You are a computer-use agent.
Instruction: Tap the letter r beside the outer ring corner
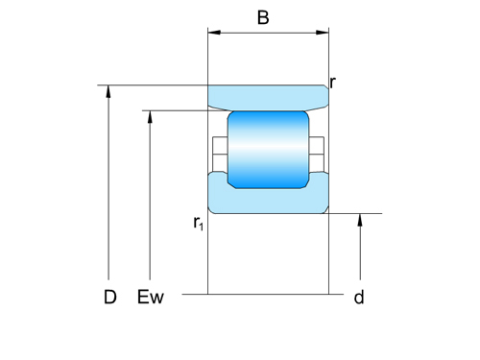(332, 83)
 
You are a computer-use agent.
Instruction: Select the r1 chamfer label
(198, 224)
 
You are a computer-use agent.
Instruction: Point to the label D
(110, 298)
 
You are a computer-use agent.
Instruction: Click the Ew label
(151, 298)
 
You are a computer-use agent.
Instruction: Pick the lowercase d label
(359, 298)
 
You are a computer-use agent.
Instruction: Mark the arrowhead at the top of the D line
(110, 91)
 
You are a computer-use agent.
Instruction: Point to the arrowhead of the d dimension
(361, 220)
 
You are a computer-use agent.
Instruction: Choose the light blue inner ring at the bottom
(268, 200)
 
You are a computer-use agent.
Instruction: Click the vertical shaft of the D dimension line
(110, 192)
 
